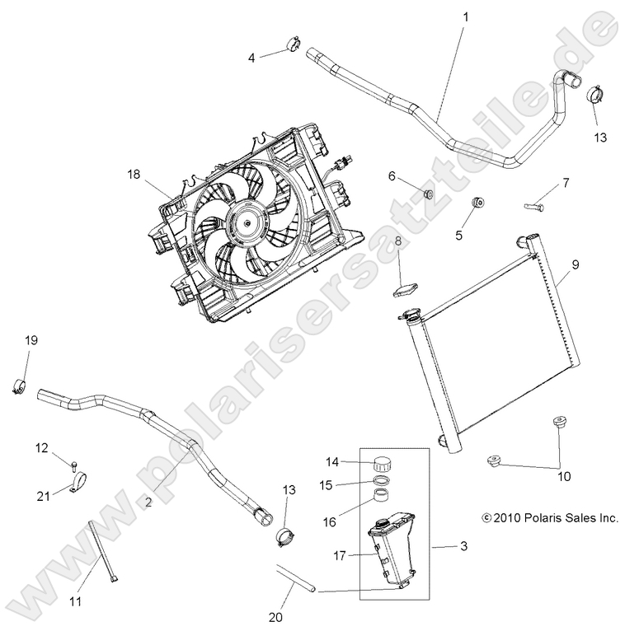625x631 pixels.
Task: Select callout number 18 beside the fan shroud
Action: click(134, 174)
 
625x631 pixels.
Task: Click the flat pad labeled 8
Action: click(405, 288)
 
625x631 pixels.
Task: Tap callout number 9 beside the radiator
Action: click(576, 264)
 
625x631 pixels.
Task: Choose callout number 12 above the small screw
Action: click(41, 448)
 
